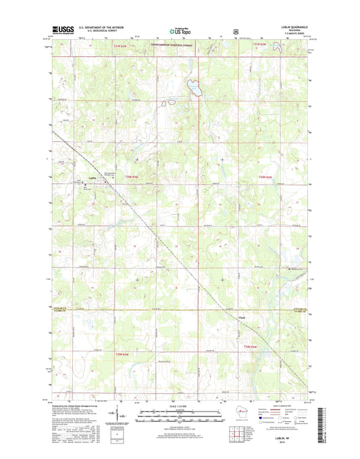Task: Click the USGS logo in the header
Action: [61, 30]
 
